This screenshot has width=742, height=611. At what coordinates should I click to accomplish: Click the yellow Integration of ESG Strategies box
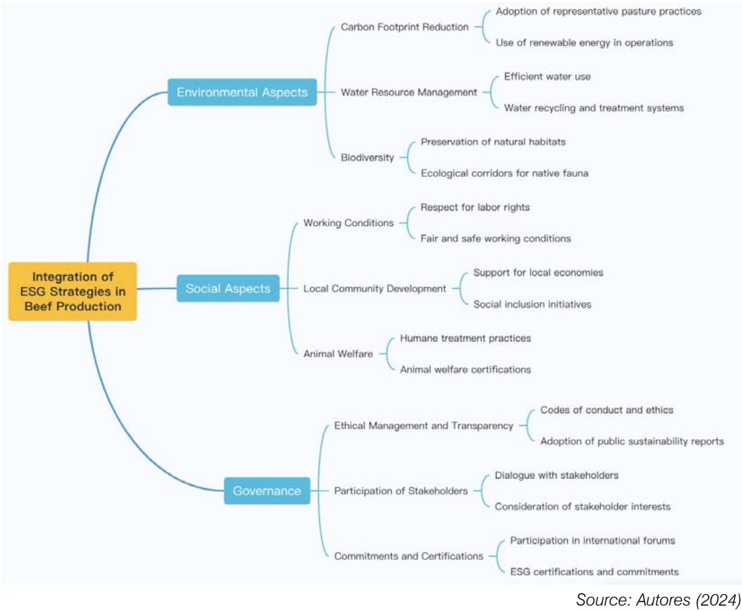(73, 291)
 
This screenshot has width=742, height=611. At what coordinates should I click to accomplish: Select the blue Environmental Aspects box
(242, 92)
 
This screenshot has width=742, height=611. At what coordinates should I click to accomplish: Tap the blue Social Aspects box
(228, 289)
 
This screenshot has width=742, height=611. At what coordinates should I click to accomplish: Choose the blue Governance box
(267, 491)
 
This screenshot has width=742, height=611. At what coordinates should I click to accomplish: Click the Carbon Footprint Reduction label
(404, 27)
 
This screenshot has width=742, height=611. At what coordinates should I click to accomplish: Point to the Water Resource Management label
(409, 92)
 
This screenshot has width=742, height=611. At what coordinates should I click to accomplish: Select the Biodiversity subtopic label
(367, 157)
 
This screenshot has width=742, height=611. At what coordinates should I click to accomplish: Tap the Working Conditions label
(348, 223)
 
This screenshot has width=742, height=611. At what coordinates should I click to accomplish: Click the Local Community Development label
(374, 289)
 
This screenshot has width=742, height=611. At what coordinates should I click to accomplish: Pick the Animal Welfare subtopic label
(338, 354)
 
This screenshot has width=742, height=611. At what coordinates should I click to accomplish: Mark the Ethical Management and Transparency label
(424, 426)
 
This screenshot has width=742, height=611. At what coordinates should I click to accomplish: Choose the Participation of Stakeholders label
(401, 491)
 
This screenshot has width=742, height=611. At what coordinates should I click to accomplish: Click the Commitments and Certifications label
(408, 556)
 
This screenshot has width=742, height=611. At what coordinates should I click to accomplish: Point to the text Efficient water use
(547, 77)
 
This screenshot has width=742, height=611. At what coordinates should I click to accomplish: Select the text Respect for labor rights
(475, 207)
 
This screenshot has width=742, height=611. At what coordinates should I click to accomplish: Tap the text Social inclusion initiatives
(532, 304)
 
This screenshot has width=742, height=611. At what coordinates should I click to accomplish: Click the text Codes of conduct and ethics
(607, 410)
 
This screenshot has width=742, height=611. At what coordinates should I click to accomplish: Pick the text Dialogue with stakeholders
(556, 475)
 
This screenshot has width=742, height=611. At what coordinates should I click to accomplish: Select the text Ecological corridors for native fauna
(504, 174)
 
